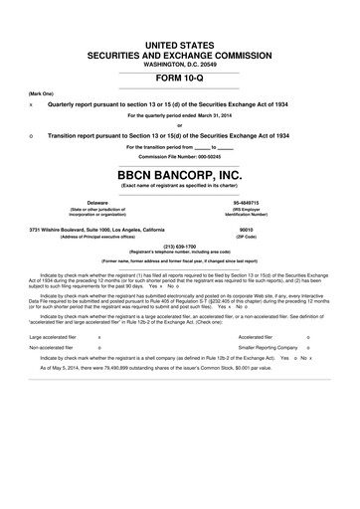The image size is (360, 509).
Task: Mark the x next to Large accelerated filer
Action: pyautogui.click(x=98, y=337)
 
